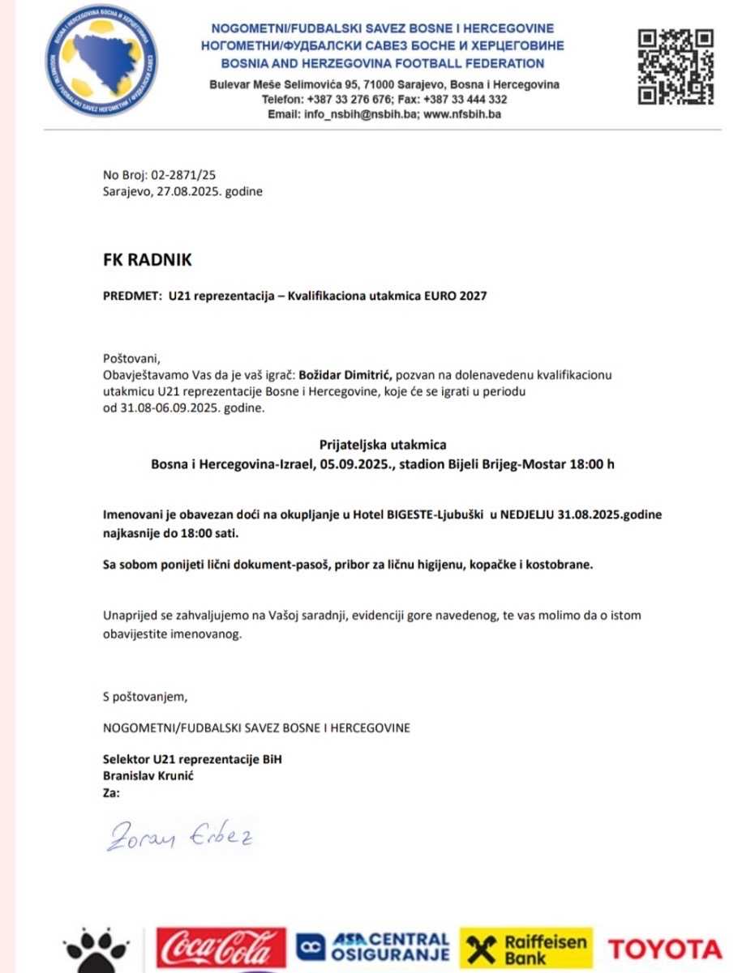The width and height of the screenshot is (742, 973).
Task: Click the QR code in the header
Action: coord(675,66)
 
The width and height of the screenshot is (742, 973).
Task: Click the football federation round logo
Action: coord(101,62)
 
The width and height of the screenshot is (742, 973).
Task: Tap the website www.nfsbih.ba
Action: coord(462,114)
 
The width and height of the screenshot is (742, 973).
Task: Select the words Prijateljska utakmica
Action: coord(383,444)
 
